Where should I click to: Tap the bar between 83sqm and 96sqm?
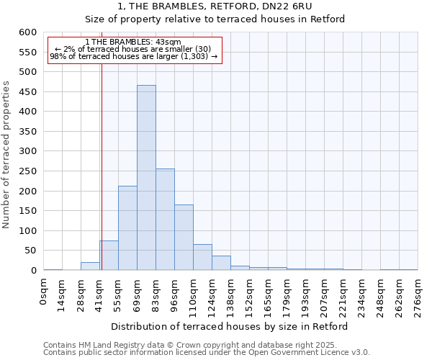[x=165, y=220]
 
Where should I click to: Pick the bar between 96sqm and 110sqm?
[x=184, y=238]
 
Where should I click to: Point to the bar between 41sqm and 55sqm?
[x=109, y=256]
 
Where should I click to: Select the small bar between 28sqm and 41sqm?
[x=90, y=266]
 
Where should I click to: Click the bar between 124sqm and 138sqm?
[x=221, y=264]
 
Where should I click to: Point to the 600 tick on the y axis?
[x=27, y=32]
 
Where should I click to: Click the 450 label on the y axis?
[x=27, y=112]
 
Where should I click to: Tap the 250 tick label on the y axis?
[x=27, y=192]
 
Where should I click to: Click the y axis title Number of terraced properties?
[x=7, y=155]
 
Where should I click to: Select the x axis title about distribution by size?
[x=230, y=326]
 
